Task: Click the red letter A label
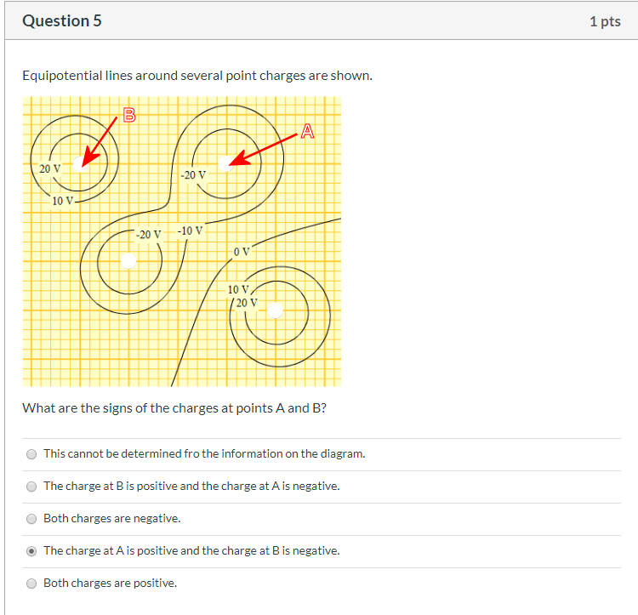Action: click(x=307, y=130)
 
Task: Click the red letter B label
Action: click(x=129, y=114)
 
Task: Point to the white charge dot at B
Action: click(x=79, y=162)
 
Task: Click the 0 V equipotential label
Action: click(x=242, y=252)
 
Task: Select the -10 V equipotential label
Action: click(x=191, y=231)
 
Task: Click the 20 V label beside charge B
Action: click(x=50, y=168)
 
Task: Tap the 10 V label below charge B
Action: click(x=62, y=201)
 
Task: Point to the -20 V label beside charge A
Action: click(x=193, y=174)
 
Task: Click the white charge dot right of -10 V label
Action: click(x=128, y=259)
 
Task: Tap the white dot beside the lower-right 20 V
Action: click(x=274, y=310)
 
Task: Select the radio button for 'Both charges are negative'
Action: click(x=31, y=518)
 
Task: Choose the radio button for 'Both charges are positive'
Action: click(x=31, y=583)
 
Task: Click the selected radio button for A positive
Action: click(x=31, y=550)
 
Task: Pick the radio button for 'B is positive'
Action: click(x=31, y=486)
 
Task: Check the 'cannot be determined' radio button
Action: click(x=31, y=453)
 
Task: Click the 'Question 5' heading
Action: click(x=62, y=21)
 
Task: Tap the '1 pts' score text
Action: click(x=604, y=21)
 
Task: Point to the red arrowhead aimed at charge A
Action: click(x=239, y=159)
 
